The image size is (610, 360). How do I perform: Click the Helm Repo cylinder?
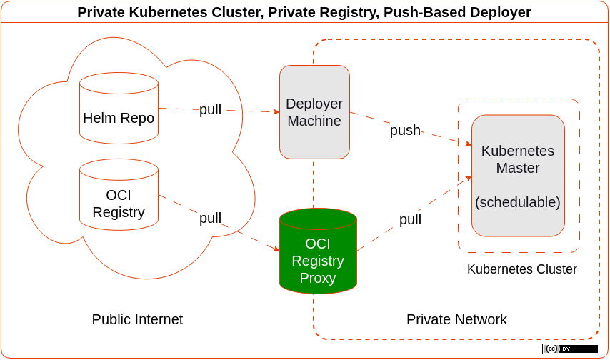pos(119,108)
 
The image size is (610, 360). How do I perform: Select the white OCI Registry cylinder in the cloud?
pos(119,194)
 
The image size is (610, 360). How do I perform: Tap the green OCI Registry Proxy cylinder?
pos(318,251)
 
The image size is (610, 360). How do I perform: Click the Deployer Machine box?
pos(314,112)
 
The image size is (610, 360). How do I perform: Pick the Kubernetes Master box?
pos(518,176)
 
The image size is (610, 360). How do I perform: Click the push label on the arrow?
pos(405,130)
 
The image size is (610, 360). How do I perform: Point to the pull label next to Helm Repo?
pos(210,109)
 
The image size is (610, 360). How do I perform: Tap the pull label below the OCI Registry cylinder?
pos(210,218)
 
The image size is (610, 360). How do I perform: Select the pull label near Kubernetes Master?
pos(410,219)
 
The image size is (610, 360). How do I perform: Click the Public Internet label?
pos(137,319)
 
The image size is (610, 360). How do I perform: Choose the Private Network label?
pos(456,319)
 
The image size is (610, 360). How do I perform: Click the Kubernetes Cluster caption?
pos(521,269)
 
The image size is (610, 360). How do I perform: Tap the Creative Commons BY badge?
pos(571,349)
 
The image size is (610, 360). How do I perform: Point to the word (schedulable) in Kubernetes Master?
pos(518,202)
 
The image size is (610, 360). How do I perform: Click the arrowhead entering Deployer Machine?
pos(276,112)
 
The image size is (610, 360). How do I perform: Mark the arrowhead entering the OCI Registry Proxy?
pos(276,248)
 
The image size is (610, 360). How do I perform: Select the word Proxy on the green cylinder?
pos(318,278)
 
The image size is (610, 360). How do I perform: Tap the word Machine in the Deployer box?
pos(314,121)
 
